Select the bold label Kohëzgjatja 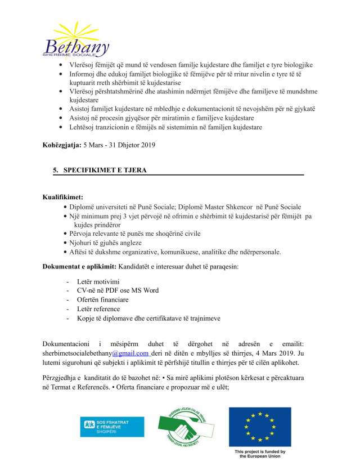(62, 145)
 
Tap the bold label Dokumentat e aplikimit (79, 266)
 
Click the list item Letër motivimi (99, 281)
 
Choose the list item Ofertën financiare (102, 299)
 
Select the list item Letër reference (99, 309)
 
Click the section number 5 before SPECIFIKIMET (55, 169)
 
